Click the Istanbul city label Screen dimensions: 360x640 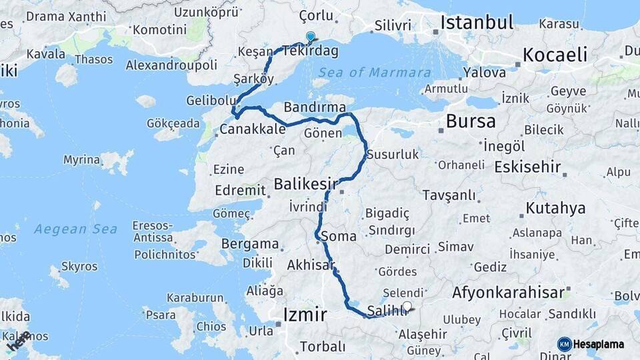[477, 23]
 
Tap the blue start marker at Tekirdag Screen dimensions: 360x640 [310, 37]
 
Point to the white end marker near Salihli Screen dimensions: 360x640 [407, 307]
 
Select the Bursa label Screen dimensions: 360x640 [471, 121]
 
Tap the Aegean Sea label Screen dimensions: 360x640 [76, 229]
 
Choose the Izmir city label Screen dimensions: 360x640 [305, 314]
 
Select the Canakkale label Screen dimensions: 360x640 [253, 129]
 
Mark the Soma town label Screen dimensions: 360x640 [338, 236]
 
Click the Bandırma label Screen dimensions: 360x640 [315, 107]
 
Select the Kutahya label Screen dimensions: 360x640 [555, 208]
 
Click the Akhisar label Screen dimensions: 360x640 [311, 265]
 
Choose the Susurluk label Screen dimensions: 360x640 [393, 155]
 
